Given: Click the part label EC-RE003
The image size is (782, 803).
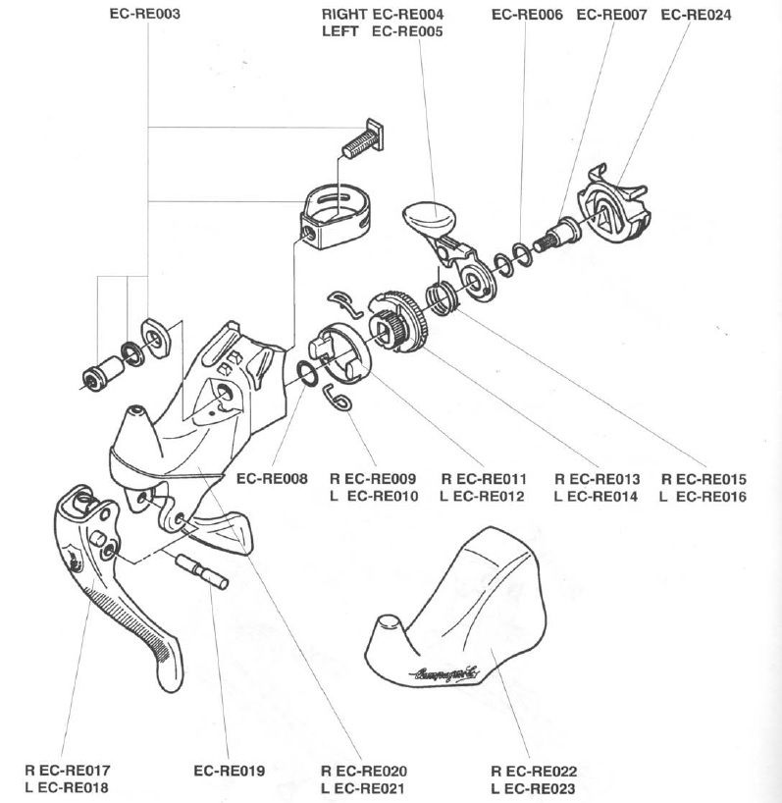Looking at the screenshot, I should click(147, 15).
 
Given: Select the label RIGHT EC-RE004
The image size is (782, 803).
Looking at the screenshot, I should click(383, 16).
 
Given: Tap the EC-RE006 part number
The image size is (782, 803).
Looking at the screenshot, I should click(526, 15).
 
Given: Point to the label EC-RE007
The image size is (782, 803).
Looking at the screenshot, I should click(610, 15).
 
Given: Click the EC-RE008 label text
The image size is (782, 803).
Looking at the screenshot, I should click(272, 479).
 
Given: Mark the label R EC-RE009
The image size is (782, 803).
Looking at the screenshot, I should click(376, 479).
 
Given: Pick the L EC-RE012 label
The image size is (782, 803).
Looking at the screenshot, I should click(484, 497).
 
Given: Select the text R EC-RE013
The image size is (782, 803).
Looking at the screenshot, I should click(598, 479).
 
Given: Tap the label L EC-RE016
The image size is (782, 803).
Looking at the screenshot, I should click(704, 497).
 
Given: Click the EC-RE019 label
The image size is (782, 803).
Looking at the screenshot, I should click(229, 771).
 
